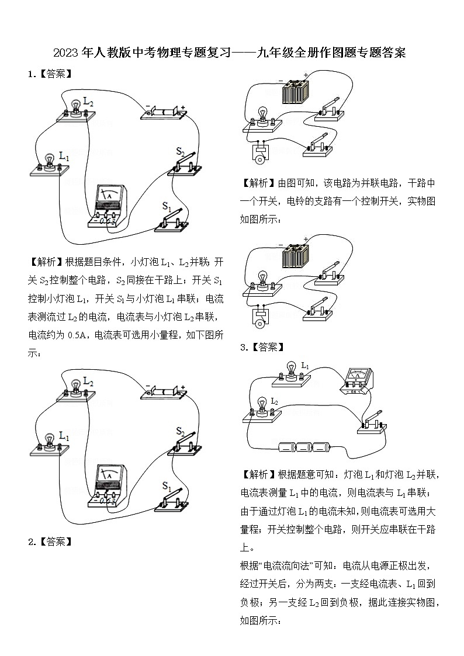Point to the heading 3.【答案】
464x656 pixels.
[262, 347]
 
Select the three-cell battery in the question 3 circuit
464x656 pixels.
[304, 447]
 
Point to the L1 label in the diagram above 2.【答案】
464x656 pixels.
[64, 436]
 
